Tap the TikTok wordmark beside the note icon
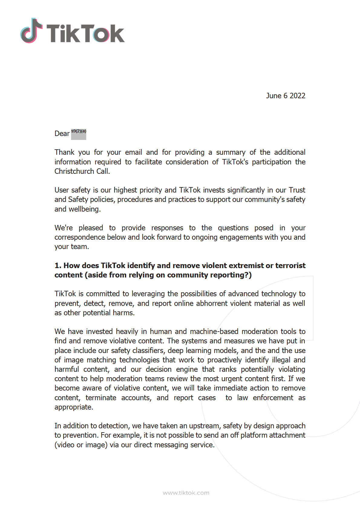pyautogui.click(x=85, y=33)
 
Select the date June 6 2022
pyautogui.click(x=285, y=96)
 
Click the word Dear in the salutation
pyautogui.click(x=62, y=134)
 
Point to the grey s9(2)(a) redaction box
pyautogui.click(x=79, y=134)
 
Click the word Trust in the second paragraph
pyautogui.click(x=297, y=190)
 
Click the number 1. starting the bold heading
pyautogui.click(x=58, y=266)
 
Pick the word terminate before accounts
pyautogui.click(x=101, y=398)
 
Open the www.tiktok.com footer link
pyautogui.click(x=186, y=493)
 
